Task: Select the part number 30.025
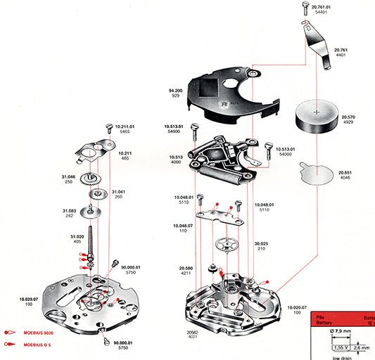pyautogui.click(x=262, y=244)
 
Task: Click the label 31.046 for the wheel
pyautogui.click(x=68, y=177)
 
